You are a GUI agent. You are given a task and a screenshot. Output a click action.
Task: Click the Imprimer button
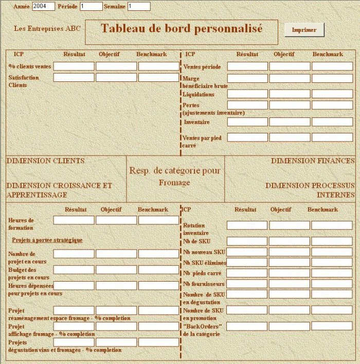pos(304,30)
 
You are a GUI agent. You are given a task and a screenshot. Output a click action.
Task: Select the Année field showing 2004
pos(43,6)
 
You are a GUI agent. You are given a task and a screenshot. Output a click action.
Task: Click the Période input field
pos(91,6)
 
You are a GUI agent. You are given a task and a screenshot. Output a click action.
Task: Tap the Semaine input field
pos(138,6)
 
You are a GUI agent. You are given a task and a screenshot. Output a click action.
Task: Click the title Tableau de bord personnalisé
pos(182,29)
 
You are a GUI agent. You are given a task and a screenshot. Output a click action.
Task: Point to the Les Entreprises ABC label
pos(47,28)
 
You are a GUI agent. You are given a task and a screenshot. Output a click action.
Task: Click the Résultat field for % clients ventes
pos(74,66)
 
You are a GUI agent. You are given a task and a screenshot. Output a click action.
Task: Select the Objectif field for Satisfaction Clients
pos(116,77)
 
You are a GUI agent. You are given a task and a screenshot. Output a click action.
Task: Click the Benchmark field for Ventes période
pos(332,66)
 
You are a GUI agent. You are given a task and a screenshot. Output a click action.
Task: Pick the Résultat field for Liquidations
pos(247,94)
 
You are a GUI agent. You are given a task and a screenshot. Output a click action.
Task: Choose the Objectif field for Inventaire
pos(290,122)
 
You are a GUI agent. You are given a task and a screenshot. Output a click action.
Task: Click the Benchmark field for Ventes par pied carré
pos(332,137)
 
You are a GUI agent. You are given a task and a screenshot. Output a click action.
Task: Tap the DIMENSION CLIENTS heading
pos(45,161)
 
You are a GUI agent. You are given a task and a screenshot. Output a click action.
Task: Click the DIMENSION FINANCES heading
pos(313,161)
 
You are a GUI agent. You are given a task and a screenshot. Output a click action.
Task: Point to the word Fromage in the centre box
pos(174,183)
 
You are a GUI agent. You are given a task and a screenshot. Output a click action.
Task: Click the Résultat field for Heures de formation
pos(74,220)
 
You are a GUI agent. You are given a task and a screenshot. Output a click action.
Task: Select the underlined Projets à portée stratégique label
pos(47,240)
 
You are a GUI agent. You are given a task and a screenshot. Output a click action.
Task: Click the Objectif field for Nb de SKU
pos(289,241)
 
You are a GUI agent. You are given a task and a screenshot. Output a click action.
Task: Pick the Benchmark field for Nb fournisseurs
pos(331,284)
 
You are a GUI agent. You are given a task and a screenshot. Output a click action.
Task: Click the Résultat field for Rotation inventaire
pos(247,226)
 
